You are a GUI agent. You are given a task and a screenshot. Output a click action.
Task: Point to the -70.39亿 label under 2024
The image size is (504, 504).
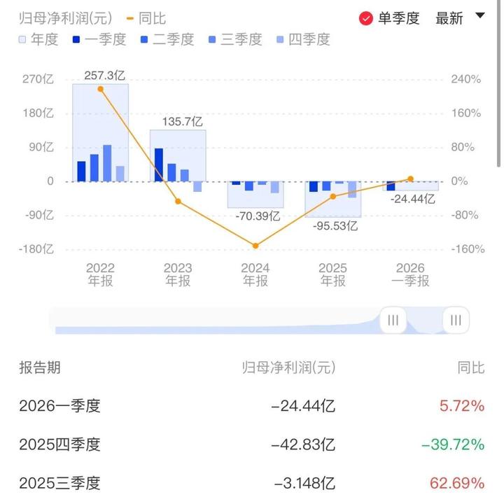[x=255, y=216]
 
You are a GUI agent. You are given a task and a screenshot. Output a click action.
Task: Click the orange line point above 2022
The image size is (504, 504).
[x=101, y=89]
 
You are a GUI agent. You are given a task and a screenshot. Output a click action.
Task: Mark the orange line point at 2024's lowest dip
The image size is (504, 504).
[x=255, y=246]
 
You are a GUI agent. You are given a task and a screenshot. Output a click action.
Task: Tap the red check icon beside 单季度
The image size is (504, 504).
[x=365, y=18]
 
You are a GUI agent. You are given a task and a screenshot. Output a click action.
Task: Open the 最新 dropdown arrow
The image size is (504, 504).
[x=479, y=16]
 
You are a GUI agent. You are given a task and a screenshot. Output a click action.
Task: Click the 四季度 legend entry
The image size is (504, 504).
[x=303, y=39]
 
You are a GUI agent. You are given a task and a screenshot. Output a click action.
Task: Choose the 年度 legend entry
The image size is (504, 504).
[x=38, y=39]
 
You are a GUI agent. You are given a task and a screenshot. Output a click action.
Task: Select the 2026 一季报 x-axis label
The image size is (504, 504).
[x=410, y=274]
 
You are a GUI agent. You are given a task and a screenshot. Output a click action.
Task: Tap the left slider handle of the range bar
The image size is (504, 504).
[x=393, y=321]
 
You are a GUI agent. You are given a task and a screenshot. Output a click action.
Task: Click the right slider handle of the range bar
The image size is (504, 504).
[x=456, y=321]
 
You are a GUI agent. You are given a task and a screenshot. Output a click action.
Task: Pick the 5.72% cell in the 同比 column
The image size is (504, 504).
[x=463, y=406]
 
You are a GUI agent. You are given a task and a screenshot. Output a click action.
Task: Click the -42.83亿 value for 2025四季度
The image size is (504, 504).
[x=305, y=444]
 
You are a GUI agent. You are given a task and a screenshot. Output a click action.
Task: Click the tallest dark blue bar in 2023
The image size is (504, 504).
[x=159, y=164]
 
